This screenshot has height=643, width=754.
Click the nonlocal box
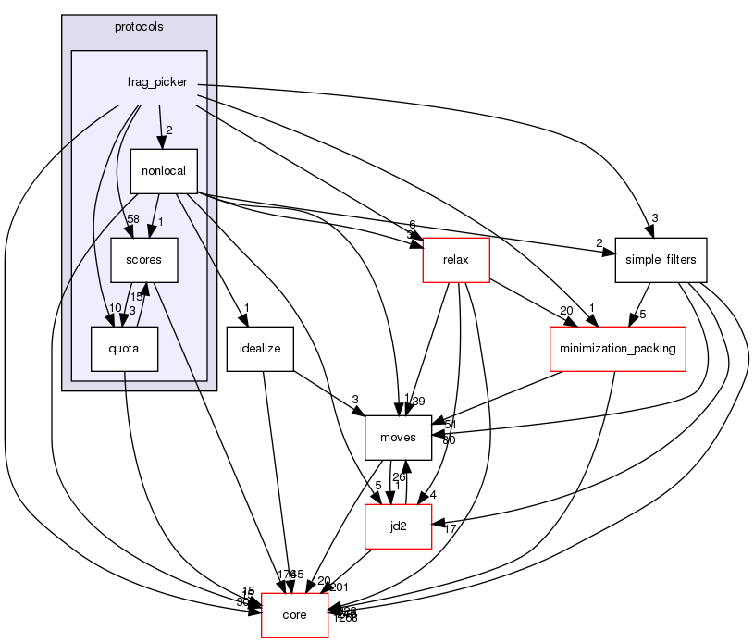pyautogui.click(x=164, y=171)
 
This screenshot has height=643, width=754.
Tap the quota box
pyautogui.click(x=124, y=349)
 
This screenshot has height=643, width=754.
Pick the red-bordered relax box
pyautogui.click(x=456, y=260)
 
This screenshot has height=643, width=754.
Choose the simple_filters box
pyautogui.click(x=661, y=261)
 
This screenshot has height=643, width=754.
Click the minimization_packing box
pyautogui.click(x=617, y=349)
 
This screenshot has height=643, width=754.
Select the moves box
pyautogui.click(x=398, y=438)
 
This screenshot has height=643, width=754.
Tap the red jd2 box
pyautogui.click(x=398, y=526)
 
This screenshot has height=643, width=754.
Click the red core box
pyautogui.click(x=294, y=615)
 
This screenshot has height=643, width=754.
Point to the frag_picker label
pyautogui.click(x=157, y=82)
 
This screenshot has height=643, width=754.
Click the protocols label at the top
pyautogui.click(x=139, y=27)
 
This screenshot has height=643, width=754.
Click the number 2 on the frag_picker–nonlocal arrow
pyautogui.click(x=169, y=130)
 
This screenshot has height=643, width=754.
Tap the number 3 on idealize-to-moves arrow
pyautogui.click(x=354, y=399)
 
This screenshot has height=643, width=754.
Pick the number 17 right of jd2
pyautogui.click(x=451, y=529)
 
